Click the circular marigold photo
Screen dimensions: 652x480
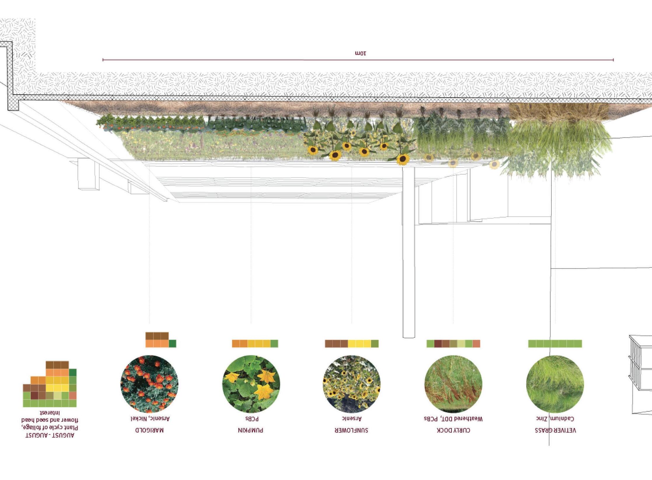pyautogui.click(x=149, y=384)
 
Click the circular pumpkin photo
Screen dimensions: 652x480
pyautogui.click(x=251, y=384)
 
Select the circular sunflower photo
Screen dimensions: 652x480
pyautogui.click(x=352, y=384)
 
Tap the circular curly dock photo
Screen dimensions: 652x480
pyautogui.click(x=453, y=384)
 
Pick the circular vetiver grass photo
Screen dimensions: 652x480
pyautogui.click(x=555, y=384)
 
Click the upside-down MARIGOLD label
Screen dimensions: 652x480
pyautogui.click(x=149, y=430)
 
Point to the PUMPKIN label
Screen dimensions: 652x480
pyautogui.click(x=251, y=430)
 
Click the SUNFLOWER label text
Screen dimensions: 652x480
pyautogui.click(x=352, y=430)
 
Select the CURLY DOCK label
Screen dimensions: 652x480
pyautogui.click(x=453, y=430)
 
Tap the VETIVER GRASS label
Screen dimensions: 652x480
pyautogui.click(x=555, y=430)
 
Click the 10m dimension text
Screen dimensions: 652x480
pyautogui.click(x=361, y=53)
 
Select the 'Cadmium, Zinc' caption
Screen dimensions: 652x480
pyautogui.click(x=555, y=419)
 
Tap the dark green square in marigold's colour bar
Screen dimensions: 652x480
pyautogui.click(x=172, y=343)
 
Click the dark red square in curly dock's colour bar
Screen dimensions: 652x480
pyautogui.click(x=438, y=343)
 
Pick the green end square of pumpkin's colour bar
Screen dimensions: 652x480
pyautogui.click(x=274, y=343)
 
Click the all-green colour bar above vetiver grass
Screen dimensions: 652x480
pyautogui.click(x=555, y=343)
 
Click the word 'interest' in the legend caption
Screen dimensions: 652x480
pyautogui.click(x=50, y=413)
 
